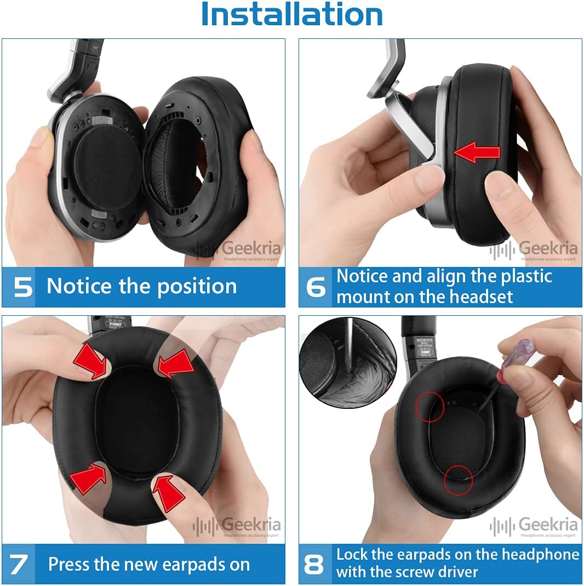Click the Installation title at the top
(x=291, y=15)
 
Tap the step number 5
(x=22, y=287)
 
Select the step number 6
(x=316, y=287)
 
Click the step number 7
(x=20, y=564)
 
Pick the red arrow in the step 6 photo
(x=477, y=153)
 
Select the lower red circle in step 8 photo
(x=458, y=480)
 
